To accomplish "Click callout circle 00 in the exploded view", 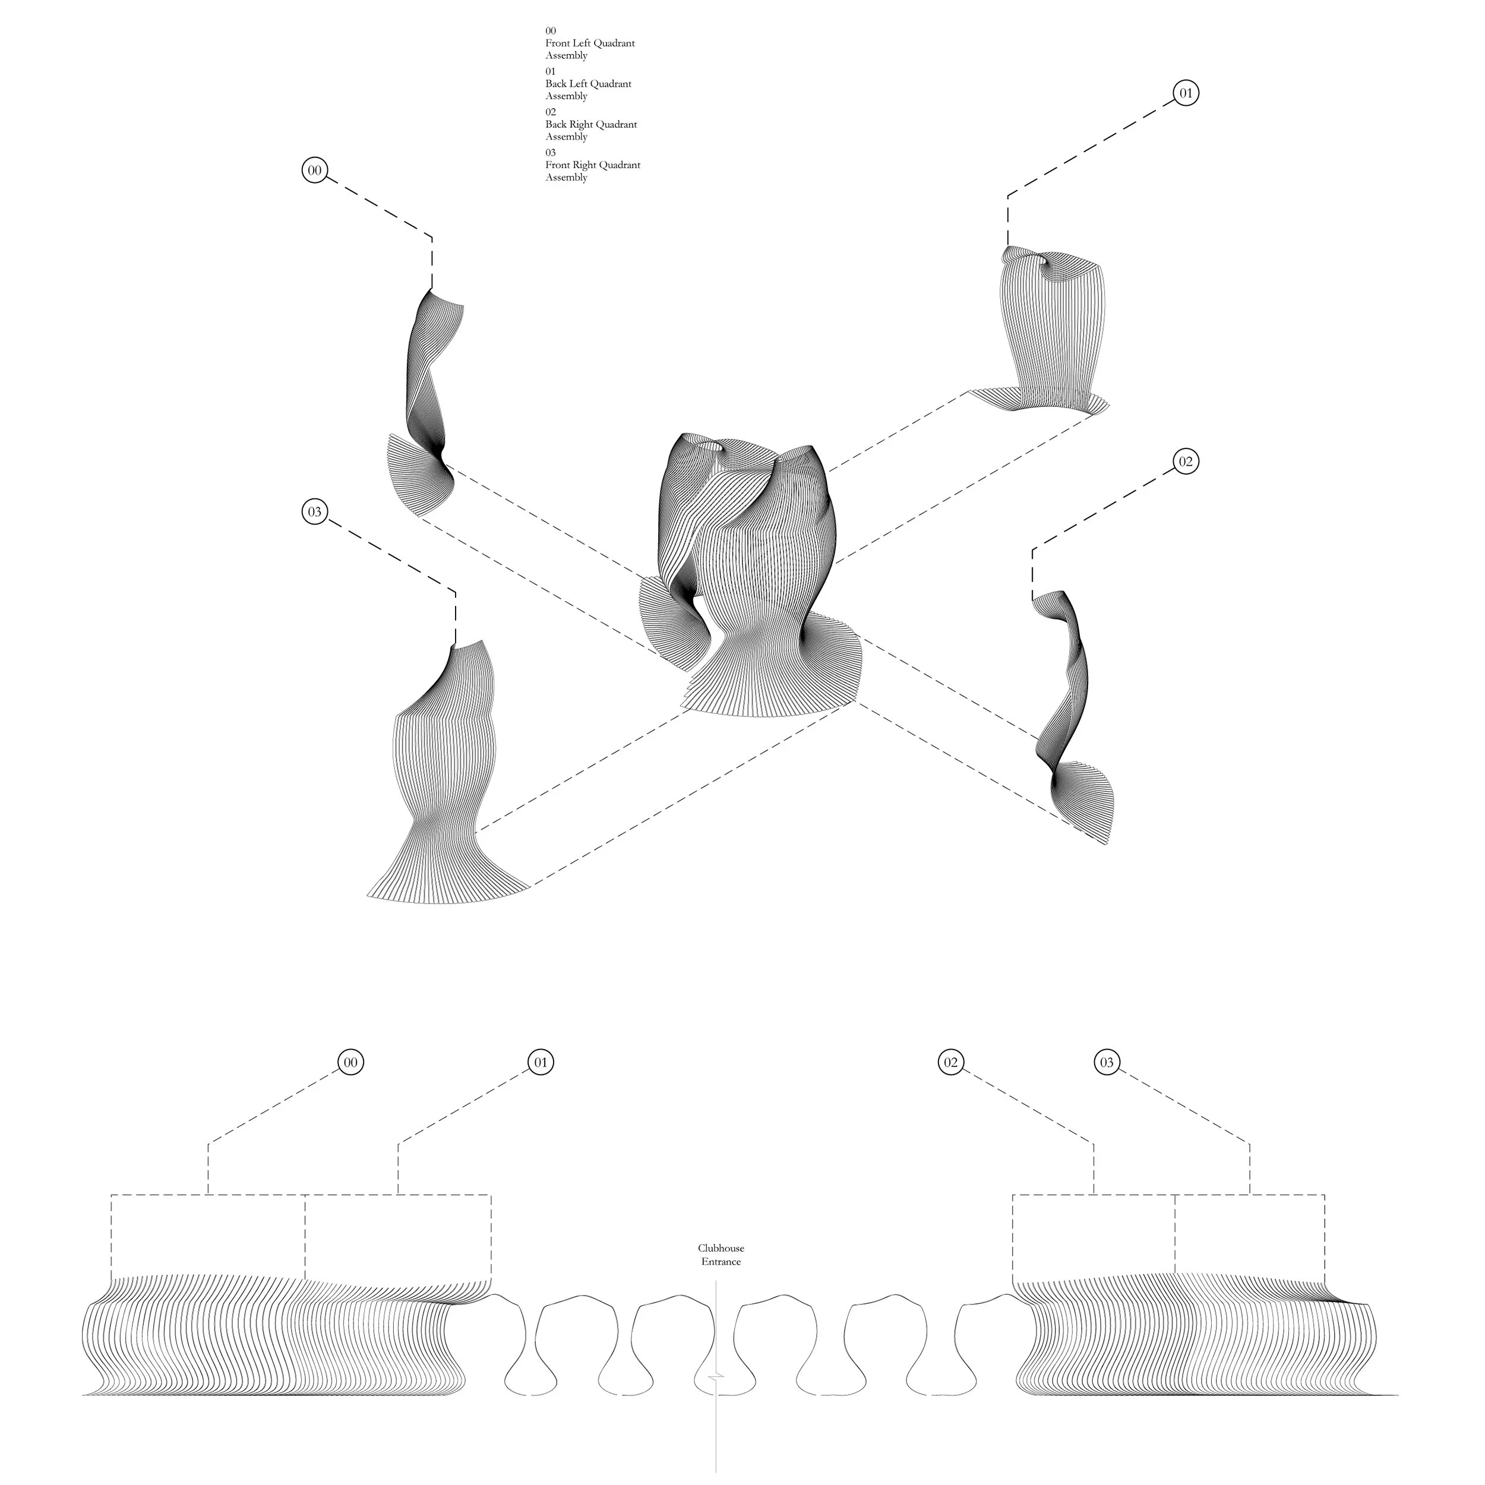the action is [x=314, y=170].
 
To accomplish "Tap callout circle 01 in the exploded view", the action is [x=1186, y=93].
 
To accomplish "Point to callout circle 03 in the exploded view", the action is [x=314, y=512].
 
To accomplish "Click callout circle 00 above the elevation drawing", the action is [x=350, y=1062].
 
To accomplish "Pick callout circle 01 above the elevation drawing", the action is [x=541, y=1062].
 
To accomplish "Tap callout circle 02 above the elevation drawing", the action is [x=951, y=1062].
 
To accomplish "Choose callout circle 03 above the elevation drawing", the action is [x=1107, y=1062].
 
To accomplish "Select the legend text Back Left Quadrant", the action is [x=589, y=84].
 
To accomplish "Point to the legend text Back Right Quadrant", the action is [x=591, y=125].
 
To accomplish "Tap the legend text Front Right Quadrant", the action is [x=593, y=165].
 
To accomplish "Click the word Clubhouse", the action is [x=721, y=1248].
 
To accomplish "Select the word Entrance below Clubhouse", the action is [x=721, y=1261].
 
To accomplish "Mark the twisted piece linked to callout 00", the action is [x=424, y=400].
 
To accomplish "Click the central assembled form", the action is [x=750, y=576].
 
